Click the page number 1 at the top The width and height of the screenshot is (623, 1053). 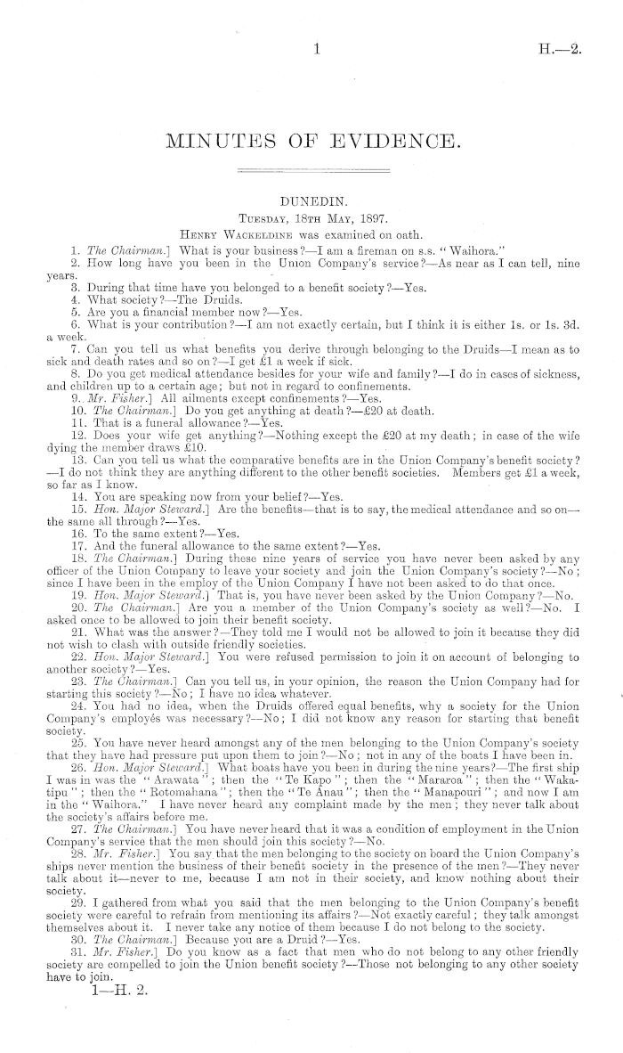[316, 52]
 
